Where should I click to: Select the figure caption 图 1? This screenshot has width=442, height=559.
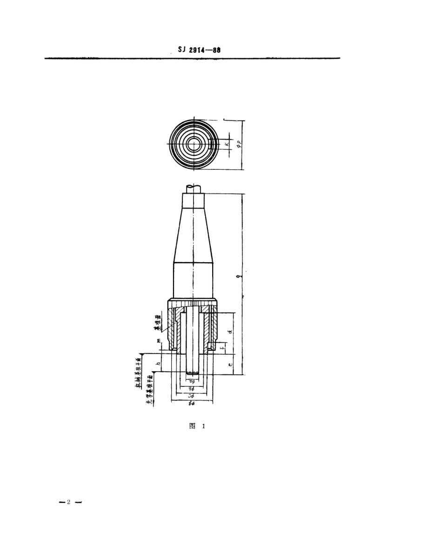[197, 426]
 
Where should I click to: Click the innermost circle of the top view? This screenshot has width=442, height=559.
[193, 145]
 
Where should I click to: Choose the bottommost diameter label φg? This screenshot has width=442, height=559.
[193, 403]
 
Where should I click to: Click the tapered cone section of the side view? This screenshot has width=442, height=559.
[193, 237]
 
